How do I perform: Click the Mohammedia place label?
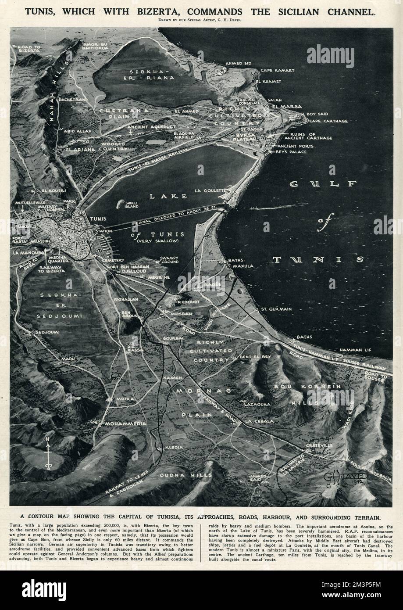click(124, 424)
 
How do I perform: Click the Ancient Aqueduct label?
click(134, 126)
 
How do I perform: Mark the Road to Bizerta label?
click(26, 47)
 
